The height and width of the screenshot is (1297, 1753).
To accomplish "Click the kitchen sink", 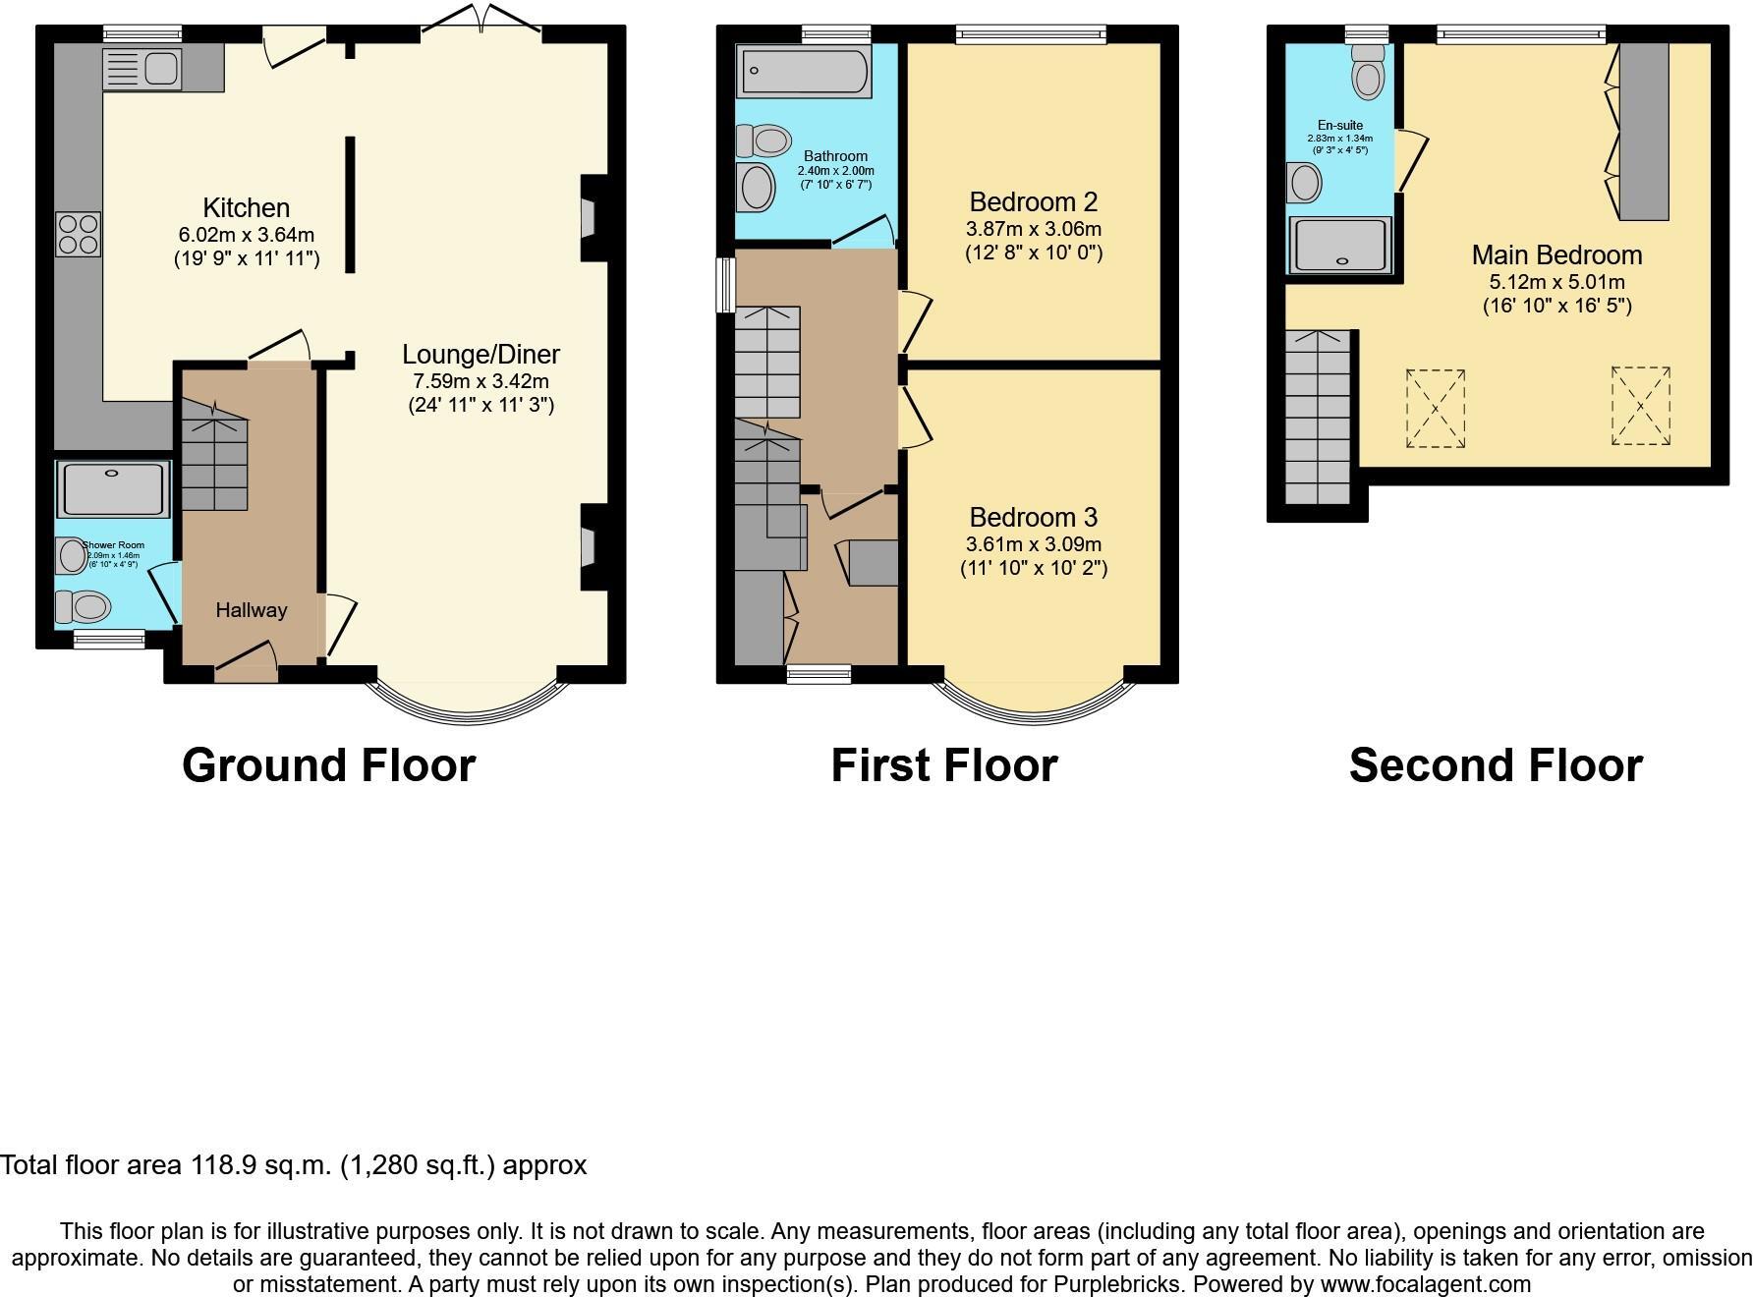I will pos(142,70).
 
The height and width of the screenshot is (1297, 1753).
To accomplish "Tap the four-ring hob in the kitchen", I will pos(78,235).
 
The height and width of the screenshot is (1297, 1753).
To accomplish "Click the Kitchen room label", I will pos(246,207).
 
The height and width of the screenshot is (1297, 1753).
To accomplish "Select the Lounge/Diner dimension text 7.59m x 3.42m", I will pos(481,381).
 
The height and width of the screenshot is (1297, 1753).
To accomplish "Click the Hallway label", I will pos(252,610).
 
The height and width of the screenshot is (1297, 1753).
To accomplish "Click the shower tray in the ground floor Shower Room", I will pos(113,489).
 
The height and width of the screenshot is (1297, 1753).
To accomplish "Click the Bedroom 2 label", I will pos(1033,202).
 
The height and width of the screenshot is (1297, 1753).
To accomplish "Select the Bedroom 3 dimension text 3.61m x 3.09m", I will pos(1033,544).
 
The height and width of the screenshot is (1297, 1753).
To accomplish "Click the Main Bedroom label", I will pos(1556,255).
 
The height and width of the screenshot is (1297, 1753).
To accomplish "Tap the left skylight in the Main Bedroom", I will pos(1435,409).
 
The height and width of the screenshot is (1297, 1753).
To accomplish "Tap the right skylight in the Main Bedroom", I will pos(1640,405).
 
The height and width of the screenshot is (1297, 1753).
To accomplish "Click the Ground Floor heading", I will pos(328,765).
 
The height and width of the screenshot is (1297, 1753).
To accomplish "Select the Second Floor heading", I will pos(1495,765).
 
